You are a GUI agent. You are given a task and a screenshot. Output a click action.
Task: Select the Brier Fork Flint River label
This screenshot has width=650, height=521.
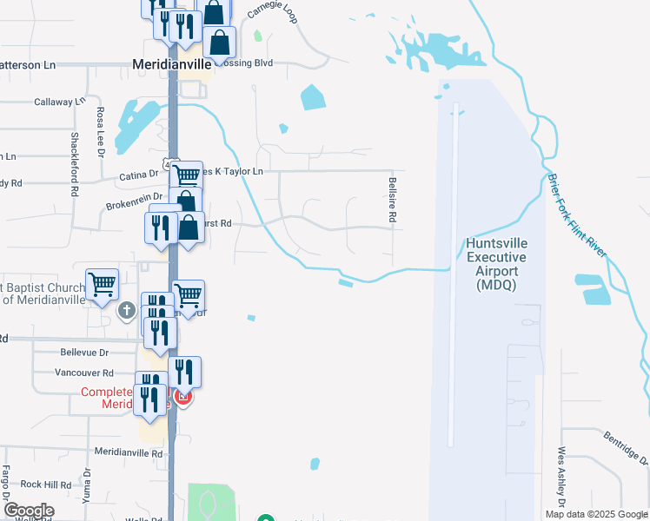[x=577, y=215]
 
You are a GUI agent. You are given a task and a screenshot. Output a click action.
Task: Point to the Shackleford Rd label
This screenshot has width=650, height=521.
[x=75, y=157]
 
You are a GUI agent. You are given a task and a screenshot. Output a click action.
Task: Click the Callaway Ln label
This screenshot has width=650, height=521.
[x=59, y=102]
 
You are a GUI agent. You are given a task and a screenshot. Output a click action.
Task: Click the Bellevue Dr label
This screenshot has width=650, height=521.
[x=84, y=353]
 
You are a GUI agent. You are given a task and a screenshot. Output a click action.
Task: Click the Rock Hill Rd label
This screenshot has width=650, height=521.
[x=45, y=485]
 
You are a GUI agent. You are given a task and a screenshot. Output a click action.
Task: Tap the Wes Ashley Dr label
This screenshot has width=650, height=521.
[x=562, y=477]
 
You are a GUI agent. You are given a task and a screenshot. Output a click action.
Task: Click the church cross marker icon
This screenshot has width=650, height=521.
[x=127, y=310]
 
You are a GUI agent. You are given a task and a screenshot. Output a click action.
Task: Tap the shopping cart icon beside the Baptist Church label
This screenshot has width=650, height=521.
[x=102, y=283]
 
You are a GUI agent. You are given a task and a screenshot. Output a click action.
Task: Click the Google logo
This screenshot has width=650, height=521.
[x=29, y=511]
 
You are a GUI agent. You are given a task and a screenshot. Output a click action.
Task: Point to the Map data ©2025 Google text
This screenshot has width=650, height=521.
[x=595, y=514]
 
